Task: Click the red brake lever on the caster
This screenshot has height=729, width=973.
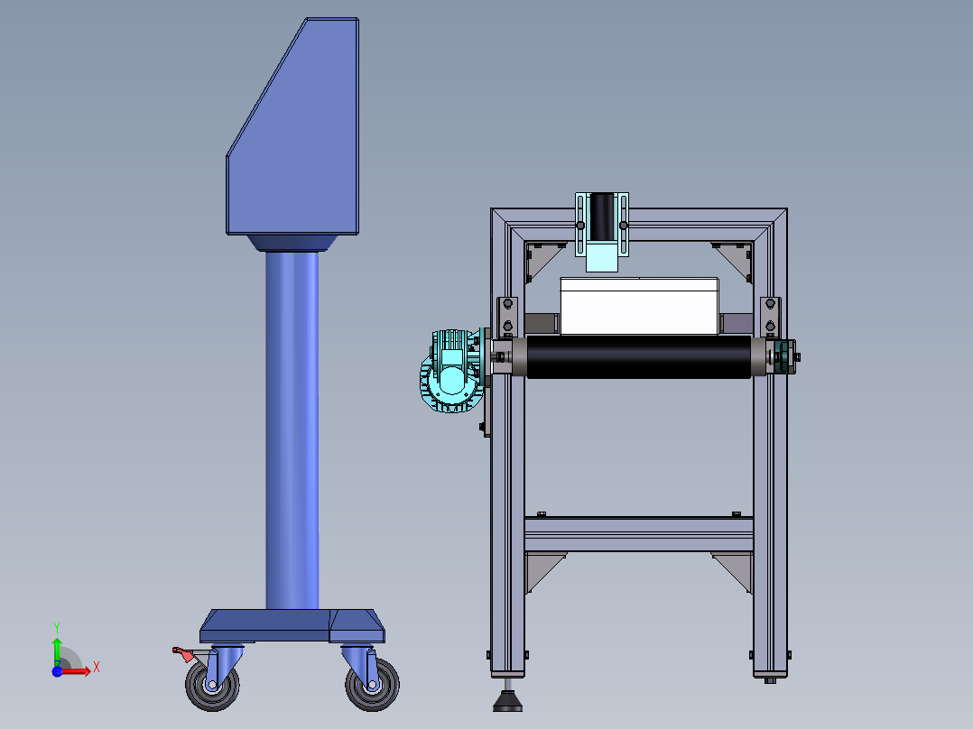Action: pyautogui.click(x=183, y=654)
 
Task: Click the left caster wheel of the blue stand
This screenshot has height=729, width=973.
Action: pyautogui.click(x=212, y=685)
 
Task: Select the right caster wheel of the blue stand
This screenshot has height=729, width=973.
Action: pyautogui.click(x=372, y=685)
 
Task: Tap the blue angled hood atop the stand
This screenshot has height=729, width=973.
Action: pyautogui.click(x=292, y=126)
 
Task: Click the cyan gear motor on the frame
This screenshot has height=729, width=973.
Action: pyautogui.click(x=453, y=371)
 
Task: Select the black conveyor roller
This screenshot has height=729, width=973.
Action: pyautogui.click(x=639, y=356)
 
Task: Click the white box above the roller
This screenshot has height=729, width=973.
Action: pyautogui.click(x=640, y=306)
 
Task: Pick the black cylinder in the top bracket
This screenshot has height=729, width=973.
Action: pyautogui.click(x=602, y=216)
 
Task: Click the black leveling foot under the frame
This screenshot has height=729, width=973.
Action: pyautogui.click(x=508, y=702)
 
